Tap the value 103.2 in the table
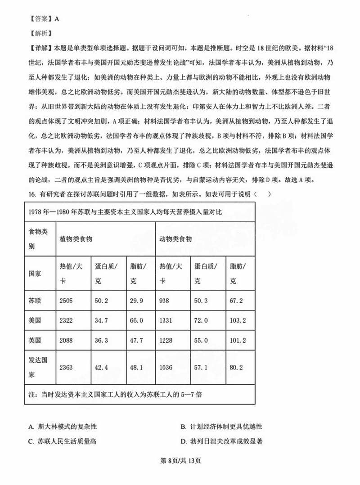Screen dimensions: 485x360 click(x=239, y=320)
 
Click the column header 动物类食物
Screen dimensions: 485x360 click(x=176, y=239)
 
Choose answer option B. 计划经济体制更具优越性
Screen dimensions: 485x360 click(x=221, y=427)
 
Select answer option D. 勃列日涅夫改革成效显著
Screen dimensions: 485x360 click(x=221, y=441)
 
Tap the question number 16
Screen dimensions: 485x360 click(x=31, y=194)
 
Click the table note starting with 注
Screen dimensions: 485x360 click(x=115, y=394)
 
